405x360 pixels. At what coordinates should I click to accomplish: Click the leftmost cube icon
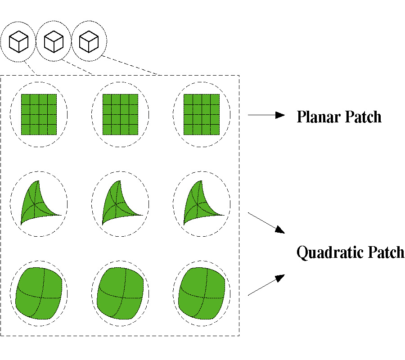[18, 42]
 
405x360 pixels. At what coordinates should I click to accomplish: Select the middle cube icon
[54, 42]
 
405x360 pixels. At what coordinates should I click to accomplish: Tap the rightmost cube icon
[89, 42]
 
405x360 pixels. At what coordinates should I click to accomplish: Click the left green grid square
[39, 114]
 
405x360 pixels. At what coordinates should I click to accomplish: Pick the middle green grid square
[120, 114]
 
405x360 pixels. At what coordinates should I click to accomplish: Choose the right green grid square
[202, 114]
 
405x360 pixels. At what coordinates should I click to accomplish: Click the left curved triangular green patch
[36, 205]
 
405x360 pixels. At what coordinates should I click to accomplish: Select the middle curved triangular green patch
[117, 205]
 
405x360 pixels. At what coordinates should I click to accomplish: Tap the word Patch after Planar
[363, 117]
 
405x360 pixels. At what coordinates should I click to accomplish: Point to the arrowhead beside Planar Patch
[280, 115]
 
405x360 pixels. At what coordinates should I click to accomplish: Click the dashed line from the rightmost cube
[130, 66]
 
